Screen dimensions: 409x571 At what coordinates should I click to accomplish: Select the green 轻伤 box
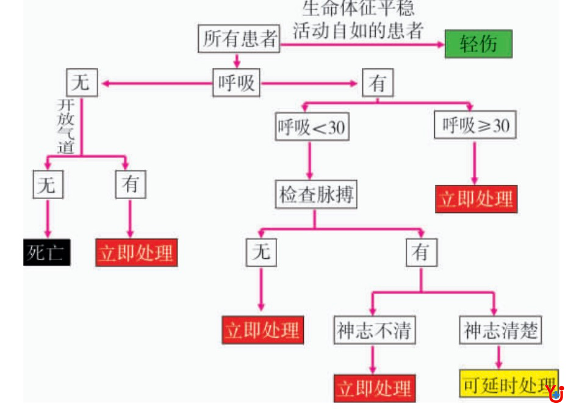click(478, 44)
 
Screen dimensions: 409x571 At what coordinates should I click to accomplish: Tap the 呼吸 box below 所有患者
click(237, 83)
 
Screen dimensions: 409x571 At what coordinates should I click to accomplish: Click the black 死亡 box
click(47, 252)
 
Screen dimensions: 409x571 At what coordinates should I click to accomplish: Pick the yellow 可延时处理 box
click(508, 385)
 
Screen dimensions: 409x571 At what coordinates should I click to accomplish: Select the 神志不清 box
click(374, 330)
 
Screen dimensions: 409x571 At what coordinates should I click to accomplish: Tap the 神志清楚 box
click(500, 330)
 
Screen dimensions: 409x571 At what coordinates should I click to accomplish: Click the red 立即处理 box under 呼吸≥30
click(476, 199)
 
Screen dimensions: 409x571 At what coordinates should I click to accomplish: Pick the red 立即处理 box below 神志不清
click(374, 388)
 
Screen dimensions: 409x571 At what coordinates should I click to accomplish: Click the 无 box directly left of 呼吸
click(81, 82)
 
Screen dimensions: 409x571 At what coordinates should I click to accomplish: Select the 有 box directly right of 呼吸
click(378, 83)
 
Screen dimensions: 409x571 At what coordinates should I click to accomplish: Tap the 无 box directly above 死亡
click(48, 185)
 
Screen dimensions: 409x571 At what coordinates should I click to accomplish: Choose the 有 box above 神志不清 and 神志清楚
click(421, 252)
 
